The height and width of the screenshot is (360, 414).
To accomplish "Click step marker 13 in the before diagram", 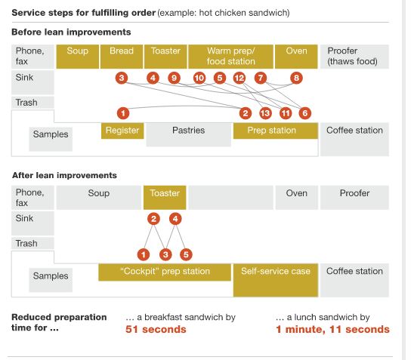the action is (265, 113).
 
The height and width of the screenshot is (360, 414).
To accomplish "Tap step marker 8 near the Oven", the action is (296, 78).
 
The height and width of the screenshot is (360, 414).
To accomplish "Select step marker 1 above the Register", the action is (123, 113).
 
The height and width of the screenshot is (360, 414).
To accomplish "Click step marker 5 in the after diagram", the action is (186, 254).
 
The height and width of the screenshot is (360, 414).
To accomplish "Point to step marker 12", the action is (239, 78).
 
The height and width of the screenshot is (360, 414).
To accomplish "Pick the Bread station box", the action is (122, 57).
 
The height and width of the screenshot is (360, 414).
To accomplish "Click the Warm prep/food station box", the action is (230, 57).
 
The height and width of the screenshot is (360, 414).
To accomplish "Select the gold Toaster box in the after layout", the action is (165, 198).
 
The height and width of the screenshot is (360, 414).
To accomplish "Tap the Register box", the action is (122, 131).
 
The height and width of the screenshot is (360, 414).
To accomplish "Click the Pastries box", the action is (189, 134).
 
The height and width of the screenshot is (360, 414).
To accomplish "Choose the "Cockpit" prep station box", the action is (165, 272).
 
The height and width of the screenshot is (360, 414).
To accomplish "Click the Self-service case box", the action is (276, 280).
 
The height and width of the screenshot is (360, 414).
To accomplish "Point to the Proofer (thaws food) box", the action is (354, 57).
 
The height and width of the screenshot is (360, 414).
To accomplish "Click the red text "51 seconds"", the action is (156, 329).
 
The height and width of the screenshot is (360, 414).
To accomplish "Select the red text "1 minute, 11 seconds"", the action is (332, 329).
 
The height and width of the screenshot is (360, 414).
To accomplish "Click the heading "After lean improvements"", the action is (64, 175).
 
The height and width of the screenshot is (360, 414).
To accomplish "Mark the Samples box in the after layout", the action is (51, 280).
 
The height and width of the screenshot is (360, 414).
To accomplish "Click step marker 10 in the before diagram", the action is (199, 78).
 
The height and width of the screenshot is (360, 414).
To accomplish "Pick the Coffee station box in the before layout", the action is (354, 140).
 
